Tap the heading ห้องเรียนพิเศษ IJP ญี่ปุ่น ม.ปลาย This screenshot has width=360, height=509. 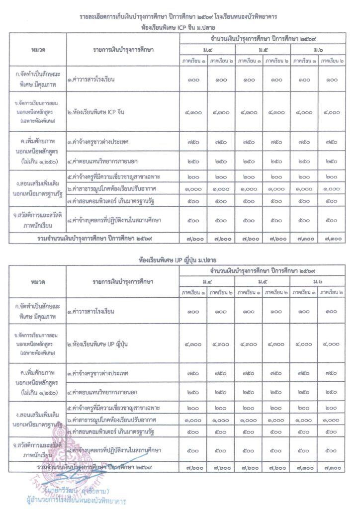tap(180, 260)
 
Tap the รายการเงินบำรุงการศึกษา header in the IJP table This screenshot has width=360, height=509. tap(123, 282)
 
